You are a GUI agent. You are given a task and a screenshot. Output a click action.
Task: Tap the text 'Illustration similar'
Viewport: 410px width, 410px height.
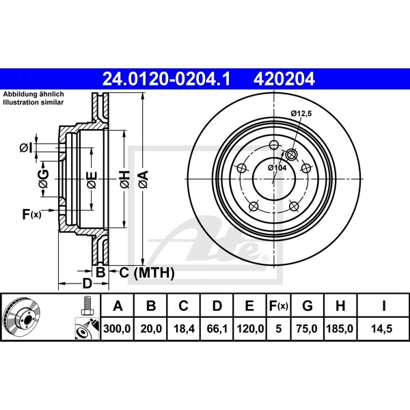pyautogui.click(x=33, y=102)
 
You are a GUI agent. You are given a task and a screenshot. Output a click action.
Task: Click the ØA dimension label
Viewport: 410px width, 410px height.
pyautogui.click(x=143, y=180)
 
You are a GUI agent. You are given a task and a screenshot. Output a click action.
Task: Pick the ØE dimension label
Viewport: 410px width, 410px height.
pyautogui.click(x=90, y=180)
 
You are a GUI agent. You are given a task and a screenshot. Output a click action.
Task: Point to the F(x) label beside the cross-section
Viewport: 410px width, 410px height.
pyautogui.click(x=31, y=215)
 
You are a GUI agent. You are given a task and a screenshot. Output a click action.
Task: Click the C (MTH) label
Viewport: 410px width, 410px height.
pyautogui.click(x=143, y=273)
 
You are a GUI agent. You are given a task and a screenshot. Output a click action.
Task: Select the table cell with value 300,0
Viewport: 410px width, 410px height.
pyautogui.click(x=116, y=328)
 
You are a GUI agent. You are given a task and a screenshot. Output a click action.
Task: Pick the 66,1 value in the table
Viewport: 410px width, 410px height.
pyautogui.click(x=217, y=328)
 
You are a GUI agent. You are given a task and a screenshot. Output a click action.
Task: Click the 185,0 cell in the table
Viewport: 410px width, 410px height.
pyautogui.click(x=341, y=328)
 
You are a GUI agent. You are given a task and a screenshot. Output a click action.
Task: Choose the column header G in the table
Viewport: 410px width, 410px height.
pyautogui.click(x=308, y=305)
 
